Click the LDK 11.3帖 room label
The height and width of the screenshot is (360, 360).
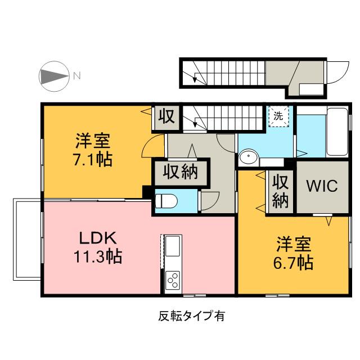coord(98,247)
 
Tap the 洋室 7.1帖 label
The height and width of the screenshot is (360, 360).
coord(93,150)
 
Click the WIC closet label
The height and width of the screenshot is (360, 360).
coord(322,186)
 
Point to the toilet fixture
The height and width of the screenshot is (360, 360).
coord(166,201)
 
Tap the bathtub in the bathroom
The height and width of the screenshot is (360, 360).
coord(337,132)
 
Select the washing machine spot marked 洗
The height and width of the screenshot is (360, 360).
coord(278,116)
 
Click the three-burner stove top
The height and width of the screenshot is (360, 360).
coord(173,280)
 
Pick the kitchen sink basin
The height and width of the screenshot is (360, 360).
coord(173,246)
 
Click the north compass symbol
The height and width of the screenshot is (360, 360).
coord(54,76)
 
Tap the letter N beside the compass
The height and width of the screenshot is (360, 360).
coord(77,75)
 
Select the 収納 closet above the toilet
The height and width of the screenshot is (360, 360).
coord(181,172)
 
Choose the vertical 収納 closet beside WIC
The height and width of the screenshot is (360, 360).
coord(281,191)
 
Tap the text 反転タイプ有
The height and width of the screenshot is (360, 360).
coord(192,316)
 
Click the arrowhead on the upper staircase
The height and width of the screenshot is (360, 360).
coord(195,79)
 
